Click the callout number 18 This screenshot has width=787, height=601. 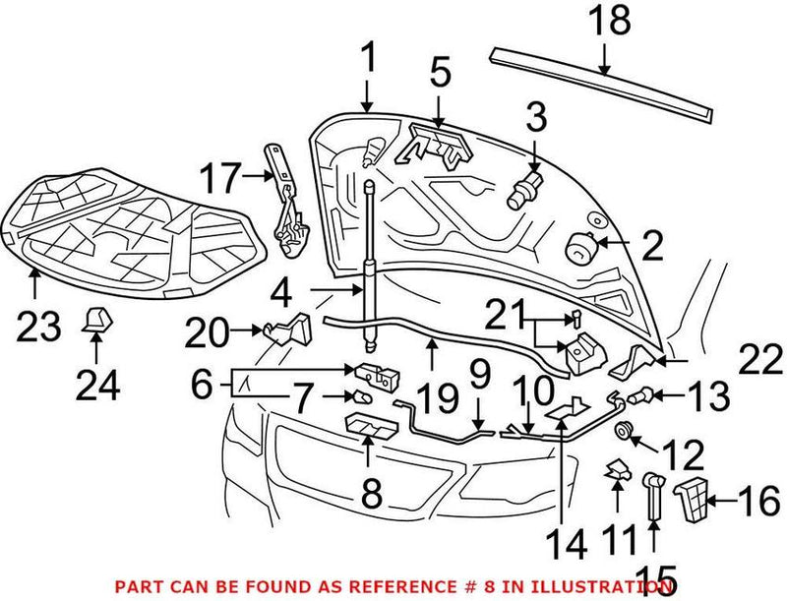click(x=607, y=21)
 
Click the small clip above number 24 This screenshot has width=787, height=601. click(x=97, y=319)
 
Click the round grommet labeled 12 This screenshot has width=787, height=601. click(x=622, y=430)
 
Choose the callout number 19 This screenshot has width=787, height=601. click(x=437, y=398)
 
